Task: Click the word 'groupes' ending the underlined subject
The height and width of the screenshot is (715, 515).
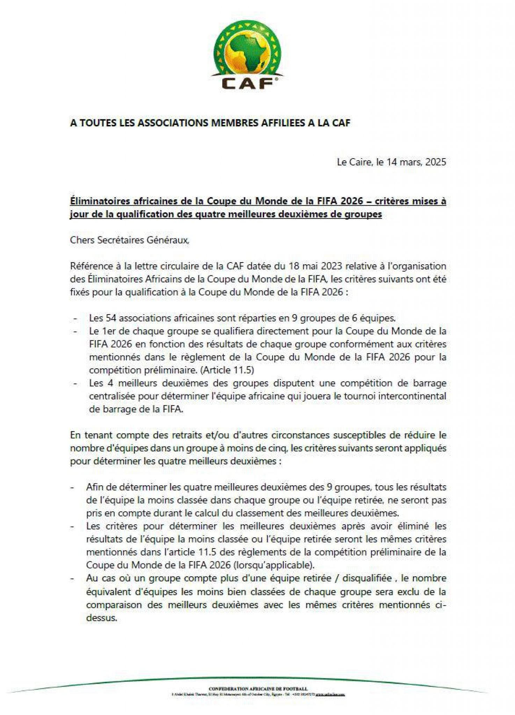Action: [365, 214]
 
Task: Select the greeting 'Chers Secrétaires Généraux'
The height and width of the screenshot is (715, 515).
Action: [129, 240]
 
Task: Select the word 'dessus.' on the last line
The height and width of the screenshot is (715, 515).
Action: [101, 618]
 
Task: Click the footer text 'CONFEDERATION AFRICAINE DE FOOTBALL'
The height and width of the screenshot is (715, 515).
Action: [258, 689]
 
